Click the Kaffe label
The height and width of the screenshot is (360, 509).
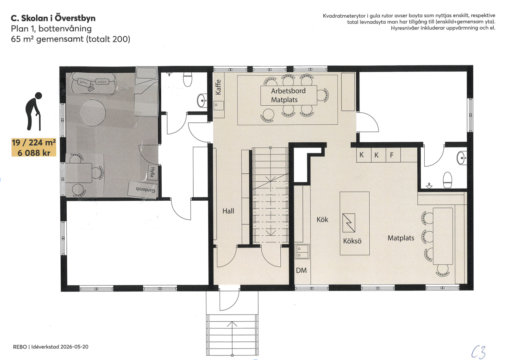tap(218, 87)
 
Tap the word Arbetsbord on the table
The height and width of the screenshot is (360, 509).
tap(288, 91)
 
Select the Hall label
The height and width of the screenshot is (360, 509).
tap(228, 211)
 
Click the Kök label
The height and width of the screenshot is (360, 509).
tap(322, 220)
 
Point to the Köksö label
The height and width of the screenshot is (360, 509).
tap(352, 241)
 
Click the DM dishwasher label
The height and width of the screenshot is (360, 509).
tap(301, 270)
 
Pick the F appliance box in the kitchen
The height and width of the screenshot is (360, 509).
tap(393, 155)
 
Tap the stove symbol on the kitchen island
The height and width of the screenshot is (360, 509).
tap(349, 223)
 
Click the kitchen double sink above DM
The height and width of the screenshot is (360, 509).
tap(302, 252)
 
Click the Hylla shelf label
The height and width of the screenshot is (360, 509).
tap(152, 172)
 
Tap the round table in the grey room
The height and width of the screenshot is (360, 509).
tap(93, 113)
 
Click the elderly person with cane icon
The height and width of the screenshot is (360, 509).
tap(34, 111)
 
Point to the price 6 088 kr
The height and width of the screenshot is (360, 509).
tap(34, 153)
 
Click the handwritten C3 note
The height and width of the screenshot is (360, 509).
tap(479, 352)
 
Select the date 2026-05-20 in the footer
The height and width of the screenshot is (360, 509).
tap(74, 347)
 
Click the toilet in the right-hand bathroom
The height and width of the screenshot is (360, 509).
tap(448, 180)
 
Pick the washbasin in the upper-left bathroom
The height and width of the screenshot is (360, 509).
tap(202, 100)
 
